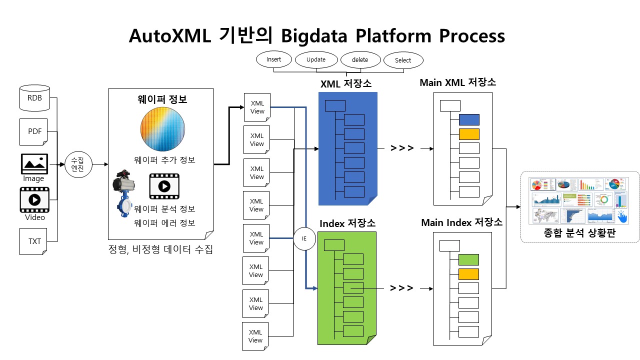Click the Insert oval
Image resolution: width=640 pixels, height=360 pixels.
(x=273, y=59)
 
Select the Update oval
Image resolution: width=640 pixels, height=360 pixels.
(x=316, y=60)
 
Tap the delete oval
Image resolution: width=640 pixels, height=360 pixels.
(x=360, y=60)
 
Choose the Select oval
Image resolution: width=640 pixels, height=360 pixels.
(x=403, y=60)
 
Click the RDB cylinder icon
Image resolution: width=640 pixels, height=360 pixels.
(x=34, y=98)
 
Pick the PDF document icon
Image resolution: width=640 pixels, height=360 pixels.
(x=34, y=132)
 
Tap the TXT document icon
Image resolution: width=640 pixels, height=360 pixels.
(x=34, y=241)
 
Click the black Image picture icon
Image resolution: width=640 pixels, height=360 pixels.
(x=34, y=164)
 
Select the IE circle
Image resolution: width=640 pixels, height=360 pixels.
(x=304, y=238)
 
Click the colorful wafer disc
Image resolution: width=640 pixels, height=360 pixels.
(x=161, y=129)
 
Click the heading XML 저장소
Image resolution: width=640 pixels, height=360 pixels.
(x=346, y=84)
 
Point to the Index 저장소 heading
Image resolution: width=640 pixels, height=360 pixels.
(x=347, y=223)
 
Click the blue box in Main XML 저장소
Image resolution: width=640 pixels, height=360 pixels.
(x=469, y=119)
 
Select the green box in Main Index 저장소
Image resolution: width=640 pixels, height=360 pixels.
(x=468, y=259)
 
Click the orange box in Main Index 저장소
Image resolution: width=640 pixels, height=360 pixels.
(x=468, y=274)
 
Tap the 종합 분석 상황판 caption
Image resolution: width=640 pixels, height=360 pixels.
(x=580, y=232)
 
